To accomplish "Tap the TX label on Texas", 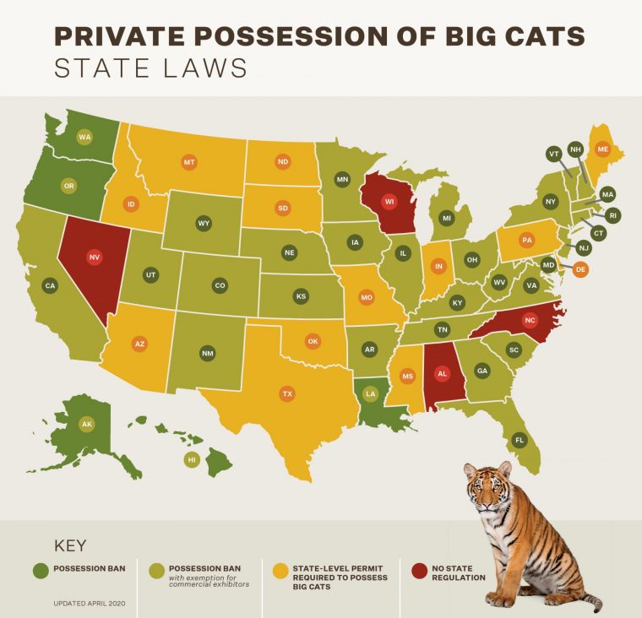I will coord(287,393).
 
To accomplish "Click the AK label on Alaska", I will coord(85,424).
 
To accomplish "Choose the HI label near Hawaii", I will coord(192,459).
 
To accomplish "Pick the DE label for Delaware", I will coord(579,269).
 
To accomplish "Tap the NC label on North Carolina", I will coord(530,321).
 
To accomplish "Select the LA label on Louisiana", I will coord(369,393).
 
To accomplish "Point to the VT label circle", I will coord(554,154).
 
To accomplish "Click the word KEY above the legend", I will coord(69,545).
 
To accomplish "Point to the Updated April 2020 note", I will coord(90,605).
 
